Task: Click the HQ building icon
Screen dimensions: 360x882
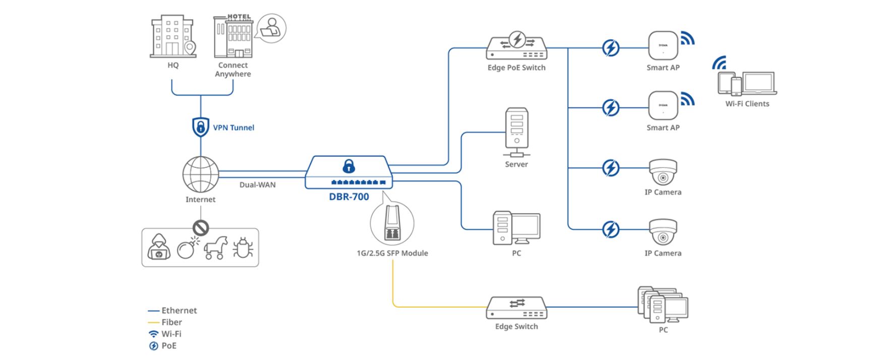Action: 172,36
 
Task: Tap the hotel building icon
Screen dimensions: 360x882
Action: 232,36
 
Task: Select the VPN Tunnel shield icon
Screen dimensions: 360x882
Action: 201,127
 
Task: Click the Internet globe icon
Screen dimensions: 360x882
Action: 201,174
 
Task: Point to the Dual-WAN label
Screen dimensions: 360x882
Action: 257,185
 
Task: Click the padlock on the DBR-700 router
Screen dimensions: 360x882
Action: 348,166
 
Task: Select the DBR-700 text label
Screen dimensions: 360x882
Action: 349,197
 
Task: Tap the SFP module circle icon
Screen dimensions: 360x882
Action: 392,223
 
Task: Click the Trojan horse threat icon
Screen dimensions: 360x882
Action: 216,248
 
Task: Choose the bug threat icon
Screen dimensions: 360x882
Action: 243,248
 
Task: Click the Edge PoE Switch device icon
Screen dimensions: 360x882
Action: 516,46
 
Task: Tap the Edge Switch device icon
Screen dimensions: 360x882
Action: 516,308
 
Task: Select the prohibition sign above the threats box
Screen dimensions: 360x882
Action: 201,228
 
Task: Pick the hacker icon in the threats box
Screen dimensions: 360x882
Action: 159,247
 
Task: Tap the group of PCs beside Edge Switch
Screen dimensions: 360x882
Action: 662,305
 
